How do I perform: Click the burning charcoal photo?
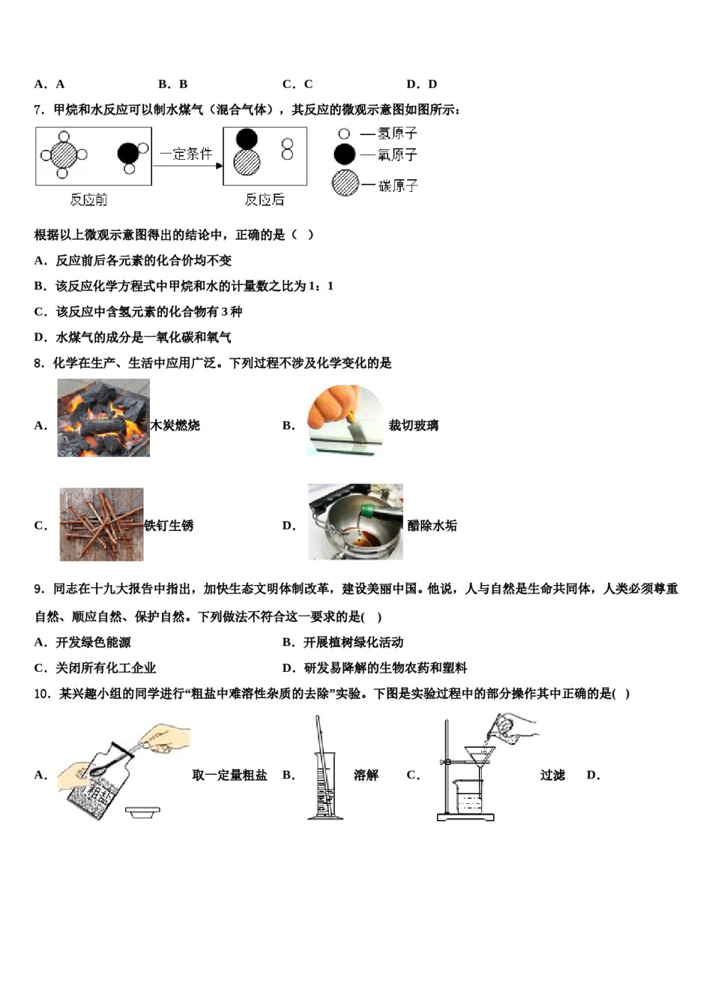point(103,418)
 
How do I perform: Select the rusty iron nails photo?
point(101,524)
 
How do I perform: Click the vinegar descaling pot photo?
point(355,522)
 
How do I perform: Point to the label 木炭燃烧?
point(175,425)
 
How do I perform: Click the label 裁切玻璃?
point(414,425)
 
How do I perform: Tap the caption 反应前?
point(88,199)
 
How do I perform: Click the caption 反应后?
point(264,199)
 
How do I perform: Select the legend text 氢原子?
point(397,133)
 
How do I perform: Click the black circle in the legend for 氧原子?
point(344,154)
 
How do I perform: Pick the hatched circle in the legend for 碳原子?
point(345,184)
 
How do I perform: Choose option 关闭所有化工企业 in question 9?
point(105,667)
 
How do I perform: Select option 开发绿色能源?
point(93,642)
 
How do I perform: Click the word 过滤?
point(552,775)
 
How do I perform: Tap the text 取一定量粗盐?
point(229,775)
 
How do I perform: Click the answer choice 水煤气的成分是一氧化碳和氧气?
point(142,337)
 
